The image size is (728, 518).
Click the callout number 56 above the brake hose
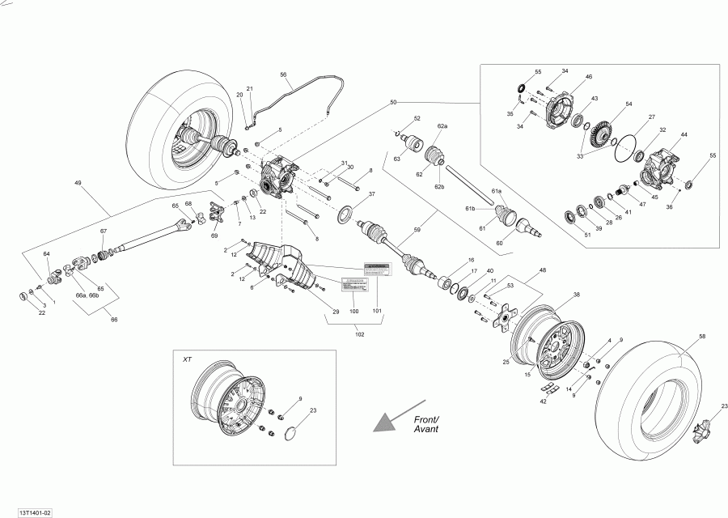click(284, 74)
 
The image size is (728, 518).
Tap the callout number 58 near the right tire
click(702, 335)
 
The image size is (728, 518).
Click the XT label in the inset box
click(188, 359)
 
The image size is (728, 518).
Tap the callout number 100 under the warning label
click(353, 311)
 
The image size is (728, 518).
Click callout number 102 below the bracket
click(359, 334)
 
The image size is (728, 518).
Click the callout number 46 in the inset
click(589, 77)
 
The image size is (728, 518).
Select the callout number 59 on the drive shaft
click(417, 230)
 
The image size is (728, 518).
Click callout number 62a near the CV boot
click(442, 127)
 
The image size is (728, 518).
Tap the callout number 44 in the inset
click(684, 134)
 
